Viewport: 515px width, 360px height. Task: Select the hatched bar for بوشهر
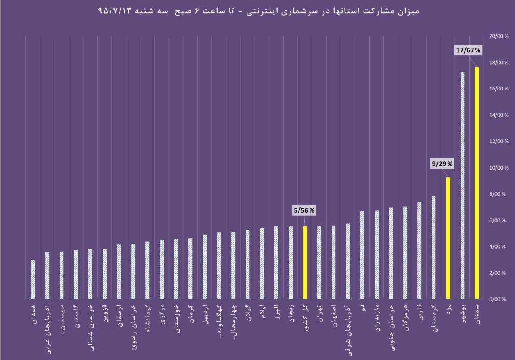(462, 185)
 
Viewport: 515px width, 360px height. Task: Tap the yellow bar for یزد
(448, 238)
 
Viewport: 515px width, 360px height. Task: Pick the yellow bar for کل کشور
(305, 262)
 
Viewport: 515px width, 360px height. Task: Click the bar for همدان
(33, 279)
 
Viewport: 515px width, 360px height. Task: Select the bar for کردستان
(433, 247)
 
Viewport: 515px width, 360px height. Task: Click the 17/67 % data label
(468, 50)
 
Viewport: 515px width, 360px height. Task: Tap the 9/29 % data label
(443, 164)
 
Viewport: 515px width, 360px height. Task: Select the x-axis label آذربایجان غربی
(47, 325)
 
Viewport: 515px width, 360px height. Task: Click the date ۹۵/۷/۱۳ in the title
(115, 11)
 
